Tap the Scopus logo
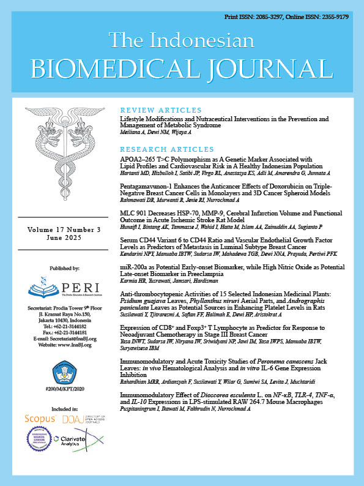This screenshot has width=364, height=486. coord(40,418)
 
